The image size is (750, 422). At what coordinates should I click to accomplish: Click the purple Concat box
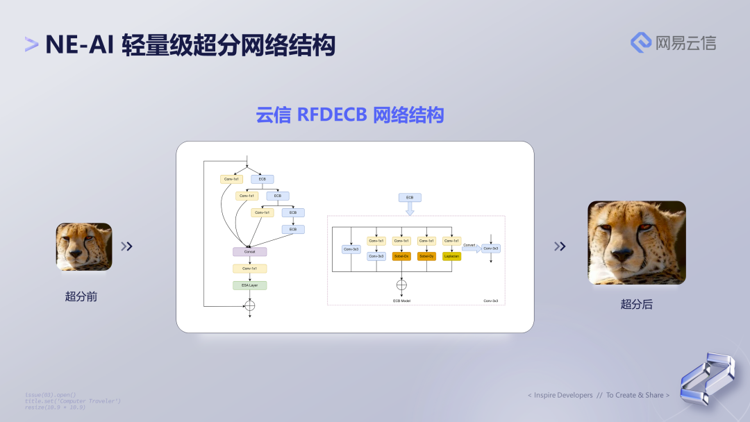[x=249, y=251]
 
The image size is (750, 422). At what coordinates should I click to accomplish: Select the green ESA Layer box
[x=249, y=285]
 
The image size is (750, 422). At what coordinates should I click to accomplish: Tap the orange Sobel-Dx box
[x=401, y=256]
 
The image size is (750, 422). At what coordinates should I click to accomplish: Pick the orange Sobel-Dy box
[x=426, y=256]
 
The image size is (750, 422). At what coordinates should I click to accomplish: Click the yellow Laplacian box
[x=451, y=256]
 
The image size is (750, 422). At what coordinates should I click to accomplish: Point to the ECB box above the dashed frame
[x=410, y=198]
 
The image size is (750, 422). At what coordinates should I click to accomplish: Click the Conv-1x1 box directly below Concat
[x=249, y=268]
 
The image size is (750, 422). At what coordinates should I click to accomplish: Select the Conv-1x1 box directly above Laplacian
[x=451, y=241]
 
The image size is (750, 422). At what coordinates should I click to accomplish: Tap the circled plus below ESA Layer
[x=250, y=305]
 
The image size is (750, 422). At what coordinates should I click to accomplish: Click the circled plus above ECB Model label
[x=401, y=285]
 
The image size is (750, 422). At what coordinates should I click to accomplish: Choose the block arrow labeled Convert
[x=472, y=248]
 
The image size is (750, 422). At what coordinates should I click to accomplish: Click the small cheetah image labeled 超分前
[x=84, y=246]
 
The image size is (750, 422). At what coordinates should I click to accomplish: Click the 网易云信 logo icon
[x=640, y=42]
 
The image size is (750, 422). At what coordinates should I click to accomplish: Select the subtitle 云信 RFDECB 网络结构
[x=350, y=115]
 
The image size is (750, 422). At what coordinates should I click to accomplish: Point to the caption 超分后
[x=636, y=304]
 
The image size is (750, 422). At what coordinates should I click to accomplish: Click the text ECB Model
[x=401, y=301]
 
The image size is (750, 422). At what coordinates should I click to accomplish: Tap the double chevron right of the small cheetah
[x=126, y=246]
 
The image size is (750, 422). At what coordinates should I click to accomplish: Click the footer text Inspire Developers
[x=563, y=395]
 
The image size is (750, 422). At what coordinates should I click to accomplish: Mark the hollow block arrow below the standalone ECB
[x=410, y=209]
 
